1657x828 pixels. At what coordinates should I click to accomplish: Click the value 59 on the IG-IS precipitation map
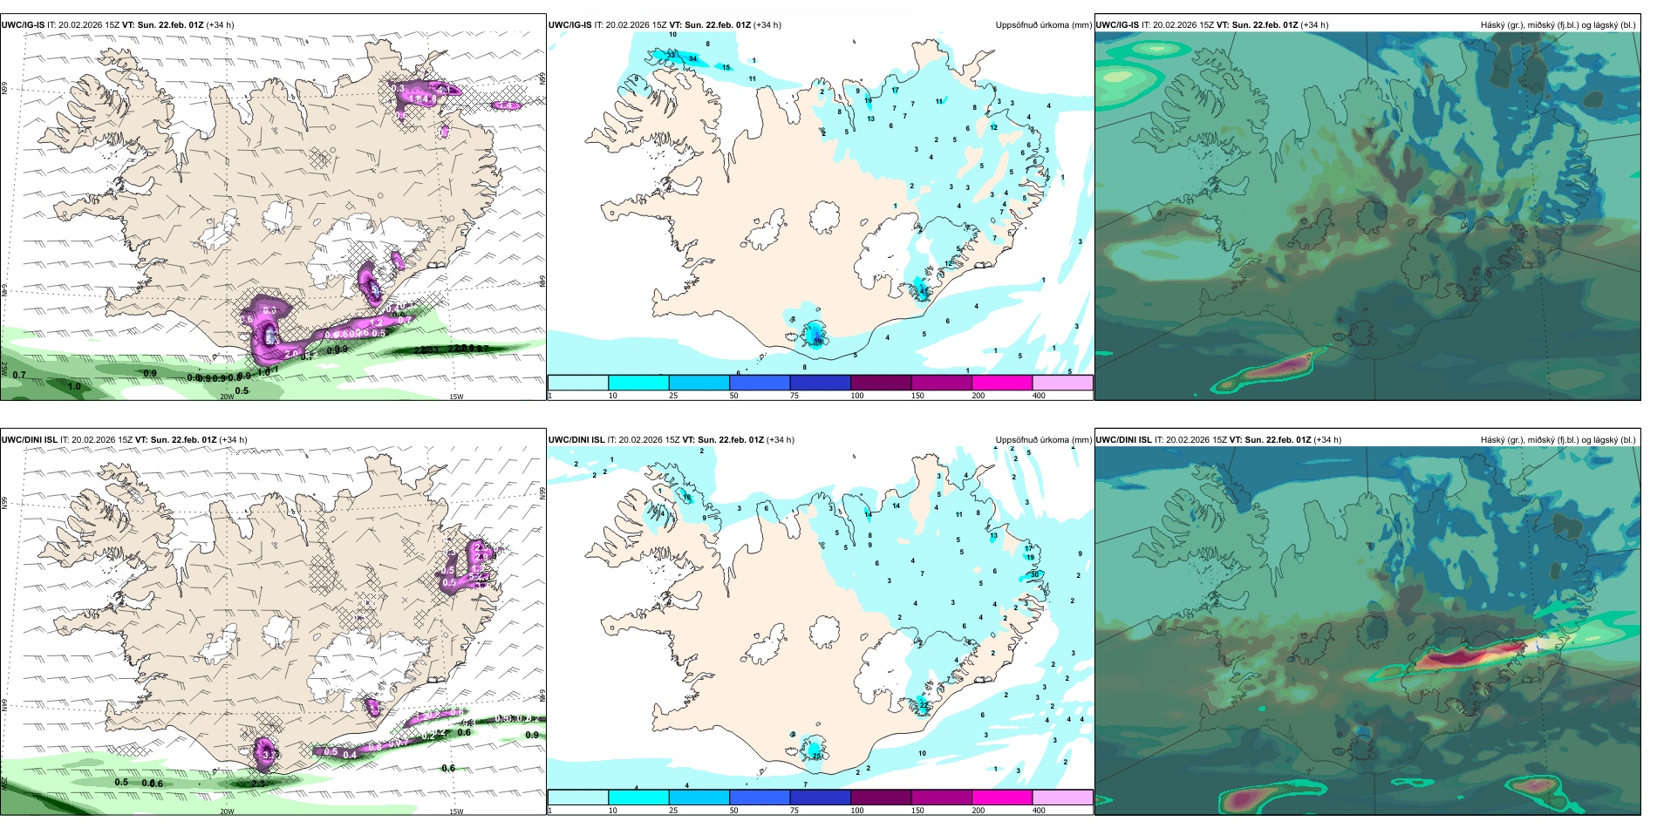(818, 342)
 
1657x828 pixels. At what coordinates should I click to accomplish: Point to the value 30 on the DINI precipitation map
(1035, 574)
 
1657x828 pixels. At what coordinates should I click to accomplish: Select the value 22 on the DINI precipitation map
(924, 703)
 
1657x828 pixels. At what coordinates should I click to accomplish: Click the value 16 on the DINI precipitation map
(687, 498)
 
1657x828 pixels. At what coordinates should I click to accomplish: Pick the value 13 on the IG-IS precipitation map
(870, 119)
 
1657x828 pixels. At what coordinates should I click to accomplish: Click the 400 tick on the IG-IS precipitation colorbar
(1039, 396)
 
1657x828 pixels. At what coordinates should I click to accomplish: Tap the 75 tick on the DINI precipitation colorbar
(794, 811)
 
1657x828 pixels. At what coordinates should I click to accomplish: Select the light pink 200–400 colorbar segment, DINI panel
(1062, 797)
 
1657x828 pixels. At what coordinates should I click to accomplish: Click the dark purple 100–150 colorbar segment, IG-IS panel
(881, 382)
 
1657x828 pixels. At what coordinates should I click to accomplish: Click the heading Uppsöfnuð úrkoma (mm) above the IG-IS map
(1043, 25)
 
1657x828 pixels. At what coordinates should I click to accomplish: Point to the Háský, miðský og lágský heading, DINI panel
(1558, 440)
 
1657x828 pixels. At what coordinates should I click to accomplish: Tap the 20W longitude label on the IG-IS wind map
(227, 397)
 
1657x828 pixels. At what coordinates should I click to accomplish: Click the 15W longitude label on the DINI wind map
(456, 811)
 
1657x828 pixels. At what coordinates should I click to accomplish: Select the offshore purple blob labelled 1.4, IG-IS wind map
(506, 105)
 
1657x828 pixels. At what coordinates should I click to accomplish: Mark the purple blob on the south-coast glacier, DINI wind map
(265, 754)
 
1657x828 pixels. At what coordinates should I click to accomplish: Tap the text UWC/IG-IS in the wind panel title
(23, 25)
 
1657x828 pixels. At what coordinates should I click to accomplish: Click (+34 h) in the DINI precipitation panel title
(781, 440)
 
